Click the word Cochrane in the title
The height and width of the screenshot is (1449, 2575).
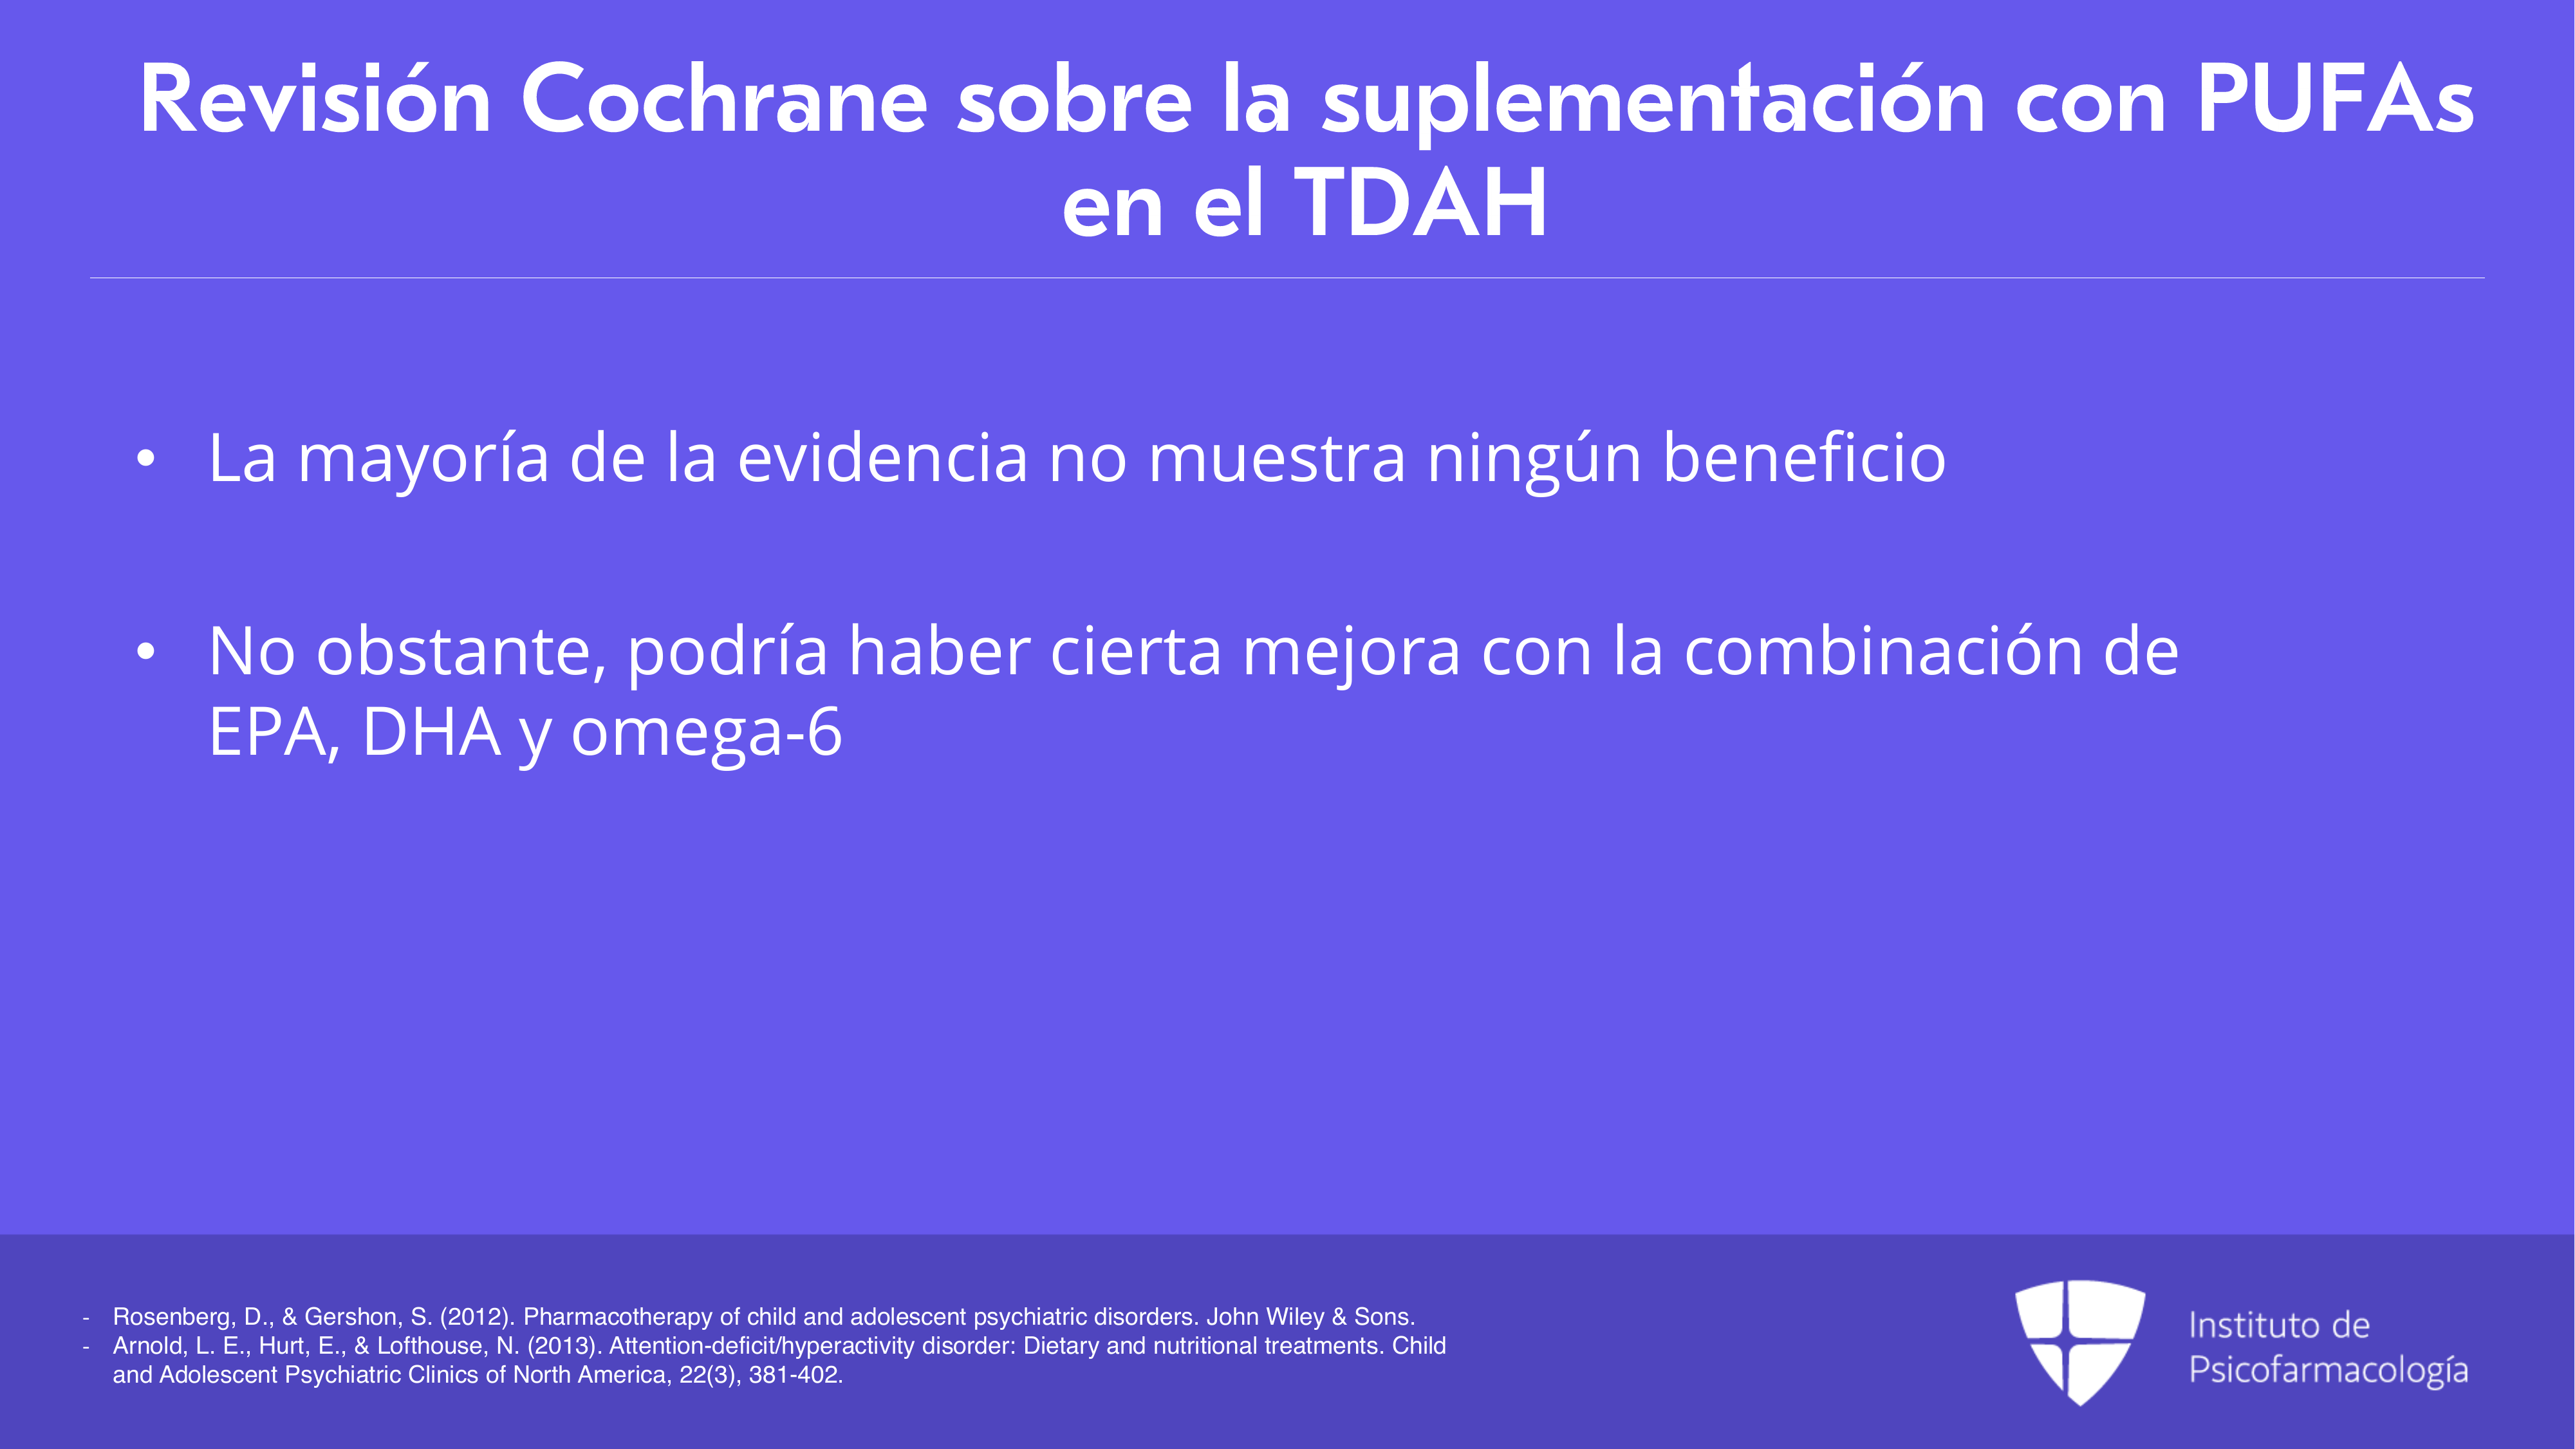(x=725, y=100)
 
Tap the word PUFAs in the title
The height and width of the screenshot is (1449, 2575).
(x=2335, y=100)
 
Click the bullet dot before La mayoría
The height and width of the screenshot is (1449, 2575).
(x=146, y=458)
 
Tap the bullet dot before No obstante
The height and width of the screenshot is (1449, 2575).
(x=146, y=652)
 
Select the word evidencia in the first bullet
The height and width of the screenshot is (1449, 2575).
(x=882, y=457)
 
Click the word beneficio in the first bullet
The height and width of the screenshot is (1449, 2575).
(x=1804, y=457)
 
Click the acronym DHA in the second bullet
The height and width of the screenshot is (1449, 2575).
(x=431, y=732)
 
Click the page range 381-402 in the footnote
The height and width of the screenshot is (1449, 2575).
(x=795, y=1375)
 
